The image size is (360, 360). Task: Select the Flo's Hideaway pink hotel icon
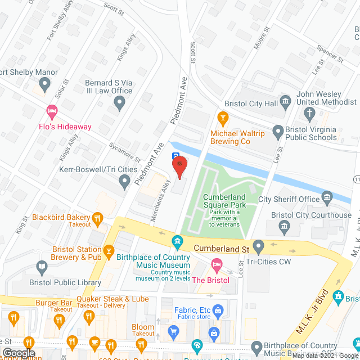tap(52, 111)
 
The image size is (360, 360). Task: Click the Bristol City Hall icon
tap(286, 102)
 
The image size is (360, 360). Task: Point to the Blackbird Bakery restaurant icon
tap(98, 218)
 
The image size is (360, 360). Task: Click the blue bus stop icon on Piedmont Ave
tap(175, 156)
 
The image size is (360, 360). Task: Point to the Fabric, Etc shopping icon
tap(217, 309)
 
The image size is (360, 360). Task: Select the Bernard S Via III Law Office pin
tap(119, 102)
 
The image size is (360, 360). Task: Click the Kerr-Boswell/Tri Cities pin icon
tap(125, 181)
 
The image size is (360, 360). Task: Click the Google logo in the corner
tap(18, 353)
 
